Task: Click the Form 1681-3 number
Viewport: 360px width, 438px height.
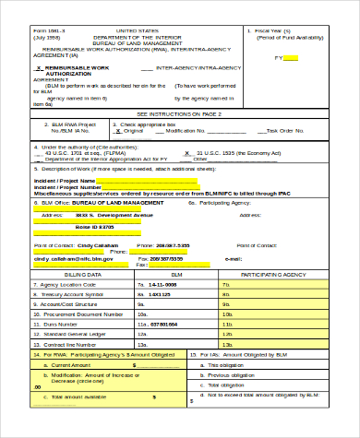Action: (51, 30)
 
